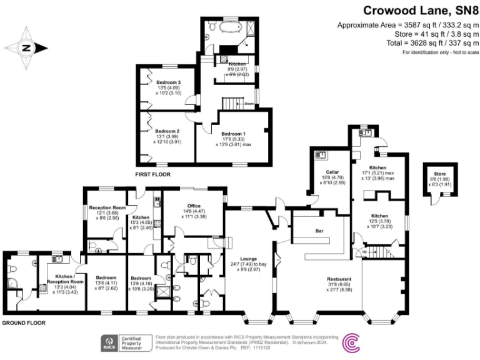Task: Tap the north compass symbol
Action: [x=26, y=47]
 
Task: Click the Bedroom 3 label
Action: [x=168, y=82]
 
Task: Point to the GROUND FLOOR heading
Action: [x=22, y=322]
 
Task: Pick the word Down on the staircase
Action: [x=248, y=104]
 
